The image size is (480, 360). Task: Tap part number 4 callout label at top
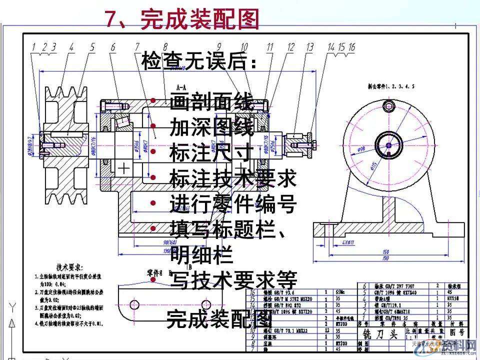coord(71,47)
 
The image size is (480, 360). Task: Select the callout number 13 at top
coord(309,47)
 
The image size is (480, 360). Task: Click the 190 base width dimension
coord(385,258)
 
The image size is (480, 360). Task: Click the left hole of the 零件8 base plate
coord(133,304)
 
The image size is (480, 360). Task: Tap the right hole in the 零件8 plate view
coord(206,304)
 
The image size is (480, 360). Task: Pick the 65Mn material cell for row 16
coord(340,290)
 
